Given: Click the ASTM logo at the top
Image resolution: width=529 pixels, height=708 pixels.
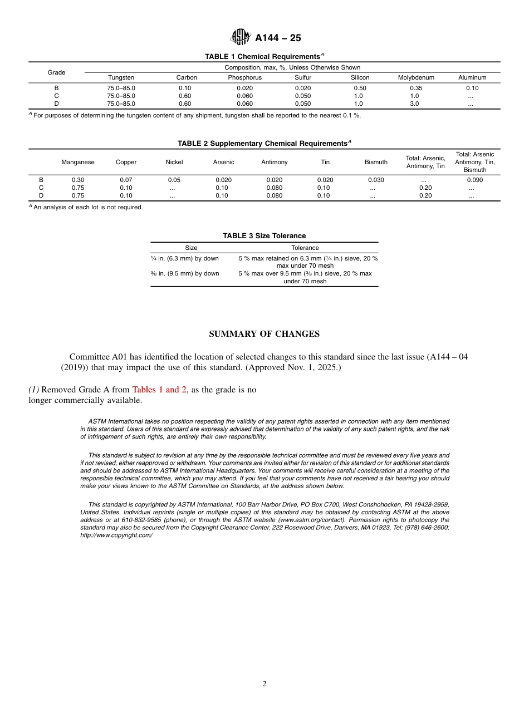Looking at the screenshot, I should (241, 37).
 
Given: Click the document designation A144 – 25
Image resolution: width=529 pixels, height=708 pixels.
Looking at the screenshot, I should (278, 38).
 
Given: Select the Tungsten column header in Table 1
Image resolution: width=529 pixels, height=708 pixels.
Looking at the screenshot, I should (121, 77).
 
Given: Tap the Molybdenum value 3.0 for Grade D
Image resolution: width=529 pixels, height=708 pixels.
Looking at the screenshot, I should (414, 104).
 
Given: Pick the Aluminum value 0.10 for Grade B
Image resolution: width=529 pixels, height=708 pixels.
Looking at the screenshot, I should (472, 88).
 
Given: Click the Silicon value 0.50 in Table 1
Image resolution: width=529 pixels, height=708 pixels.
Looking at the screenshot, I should (360, 88).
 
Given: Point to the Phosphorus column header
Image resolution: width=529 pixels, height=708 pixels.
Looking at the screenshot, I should (244, 77).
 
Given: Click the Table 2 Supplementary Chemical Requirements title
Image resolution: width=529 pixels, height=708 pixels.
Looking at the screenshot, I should (264, 144).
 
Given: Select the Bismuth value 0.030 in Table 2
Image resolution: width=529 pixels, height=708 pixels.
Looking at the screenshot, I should (376, 180).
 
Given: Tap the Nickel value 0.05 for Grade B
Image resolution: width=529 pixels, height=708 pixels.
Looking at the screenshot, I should (174, 180).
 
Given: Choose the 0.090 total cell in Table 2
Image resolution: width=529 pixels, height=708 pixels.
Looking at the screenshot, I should (474, 180).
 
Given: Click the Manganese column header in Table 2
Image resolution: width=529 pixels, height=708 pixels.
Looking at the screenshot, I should (78, 162).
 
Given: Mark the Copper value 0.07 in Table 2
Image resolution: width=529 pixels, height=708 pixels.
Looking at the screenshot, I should (126, 180).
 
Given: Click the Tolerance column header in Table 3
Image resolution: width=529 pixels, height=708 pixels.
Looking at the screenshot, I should (305, 248).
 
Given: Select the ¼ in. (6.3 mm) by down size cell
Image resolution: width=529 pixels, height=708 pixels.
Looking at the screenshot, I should (185, 258).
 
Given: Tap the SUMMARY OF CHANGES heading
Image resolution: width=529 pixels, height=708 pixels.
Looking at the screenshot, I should (264, 334).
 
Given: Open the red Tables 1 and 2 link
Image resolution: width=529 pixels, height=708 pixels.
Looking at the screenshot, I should (159, 390).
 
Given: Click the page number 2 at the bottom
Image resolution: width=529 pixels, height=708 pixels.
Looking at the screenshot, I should (264, 684).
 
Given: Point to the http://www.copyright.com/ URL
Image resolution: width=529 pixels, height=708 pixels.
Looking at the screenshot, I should (116, 535).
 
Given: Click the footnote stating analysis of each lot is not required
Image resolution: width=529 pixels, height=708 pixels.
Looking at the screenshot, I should (88, 207).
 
